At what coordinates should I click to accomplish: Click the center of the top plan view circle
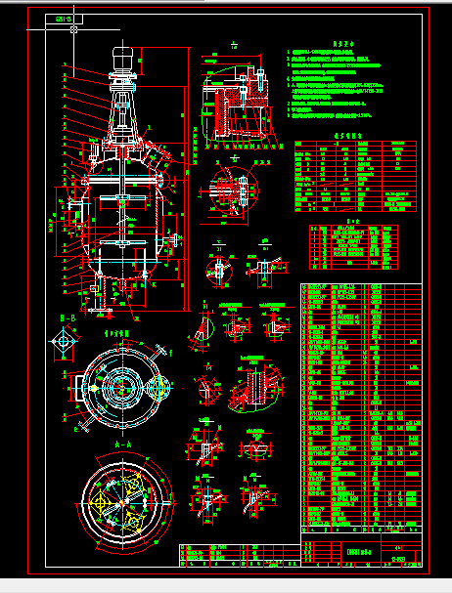(119, 389)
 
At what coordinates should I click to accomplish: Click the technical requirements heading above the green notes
(341, 43)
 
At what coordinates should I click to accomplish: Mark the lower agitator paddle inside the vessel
(121, 242)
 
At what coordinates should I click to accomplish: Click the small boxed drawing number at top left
(67, 19)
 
